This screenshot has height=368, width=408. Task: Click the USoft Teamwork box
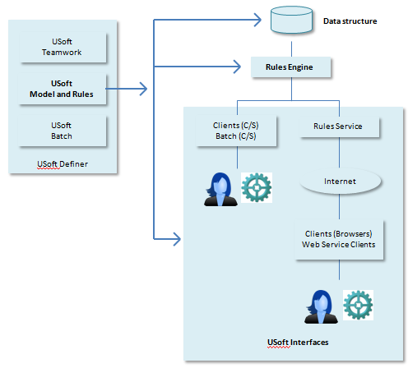(x=63, y=47)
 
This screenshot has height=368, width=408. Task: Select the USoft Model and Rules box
(x=62, y=89)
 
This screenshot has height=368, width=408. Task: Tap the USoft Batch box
(x=62, y=131)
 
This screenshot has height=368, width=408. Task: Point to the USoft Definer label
(x=63, y=164)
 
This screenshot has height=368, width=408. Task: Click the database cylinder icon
(x=291, y=20)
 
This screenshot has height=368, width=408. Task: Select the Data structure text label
(x=350, y=21)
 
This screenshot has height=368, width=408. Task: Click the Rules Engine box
(x=290, y=67)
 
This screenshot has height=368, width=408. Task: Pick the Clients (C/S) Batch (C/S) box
(x=236, y=131)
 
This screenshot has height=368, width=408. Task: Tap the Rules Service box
(x=339, y=126)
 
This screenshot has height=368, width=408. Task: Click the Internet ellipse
(x=340, y=182)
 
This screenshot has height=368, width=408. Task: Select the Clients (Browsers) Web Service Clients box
(x=339, y=239)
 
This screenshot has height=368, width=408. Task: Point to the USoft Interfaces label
(x=298, y=343)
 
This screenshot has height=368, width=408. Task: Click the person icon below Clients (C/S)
(x=220, y=189)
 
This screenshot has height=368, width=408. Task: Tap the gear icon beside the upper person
(x=257, y=187)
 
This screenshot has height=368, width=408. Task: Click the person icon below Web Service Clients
(x=321, y=306)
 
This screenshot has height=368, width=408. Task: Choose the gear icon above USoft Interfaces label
(x=358, y=305)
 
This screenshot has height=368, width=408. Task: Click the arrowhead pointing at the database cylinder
(x=257, y=20)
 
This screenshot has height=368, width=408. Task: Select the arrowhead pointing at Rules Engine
(x=237, y=67)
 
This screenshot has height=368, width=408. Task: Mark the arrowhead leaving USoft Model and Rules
(x=143, y=89)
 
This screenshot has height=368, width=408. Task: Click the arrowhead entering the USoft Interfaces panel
(x=177, y=239)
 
